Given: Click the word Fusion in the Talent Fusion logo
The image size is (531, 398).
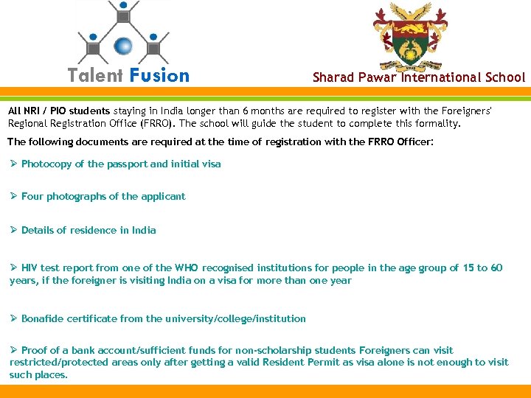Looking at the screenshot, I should click(159, 76).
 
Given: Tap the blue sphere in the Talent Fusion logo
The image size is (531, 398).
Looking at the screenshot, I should click(123, 45).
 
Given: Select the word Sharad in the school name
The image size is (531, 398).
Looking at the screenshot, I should click(333, 77).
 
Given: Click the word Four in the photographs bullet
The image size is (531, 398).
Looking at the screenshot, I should click(32, 196).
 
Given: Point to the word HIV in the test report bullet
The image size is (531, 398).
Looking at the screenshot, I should click(29, 268).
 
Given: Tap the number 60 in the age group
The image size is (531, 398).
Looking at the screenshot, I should click(496, 268).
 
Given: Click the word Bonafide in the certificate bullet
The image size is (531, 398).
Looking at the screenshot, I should click(42, 318).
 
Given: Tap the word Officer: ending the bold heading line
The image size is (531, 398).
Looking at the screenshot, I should click(414, 141).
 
